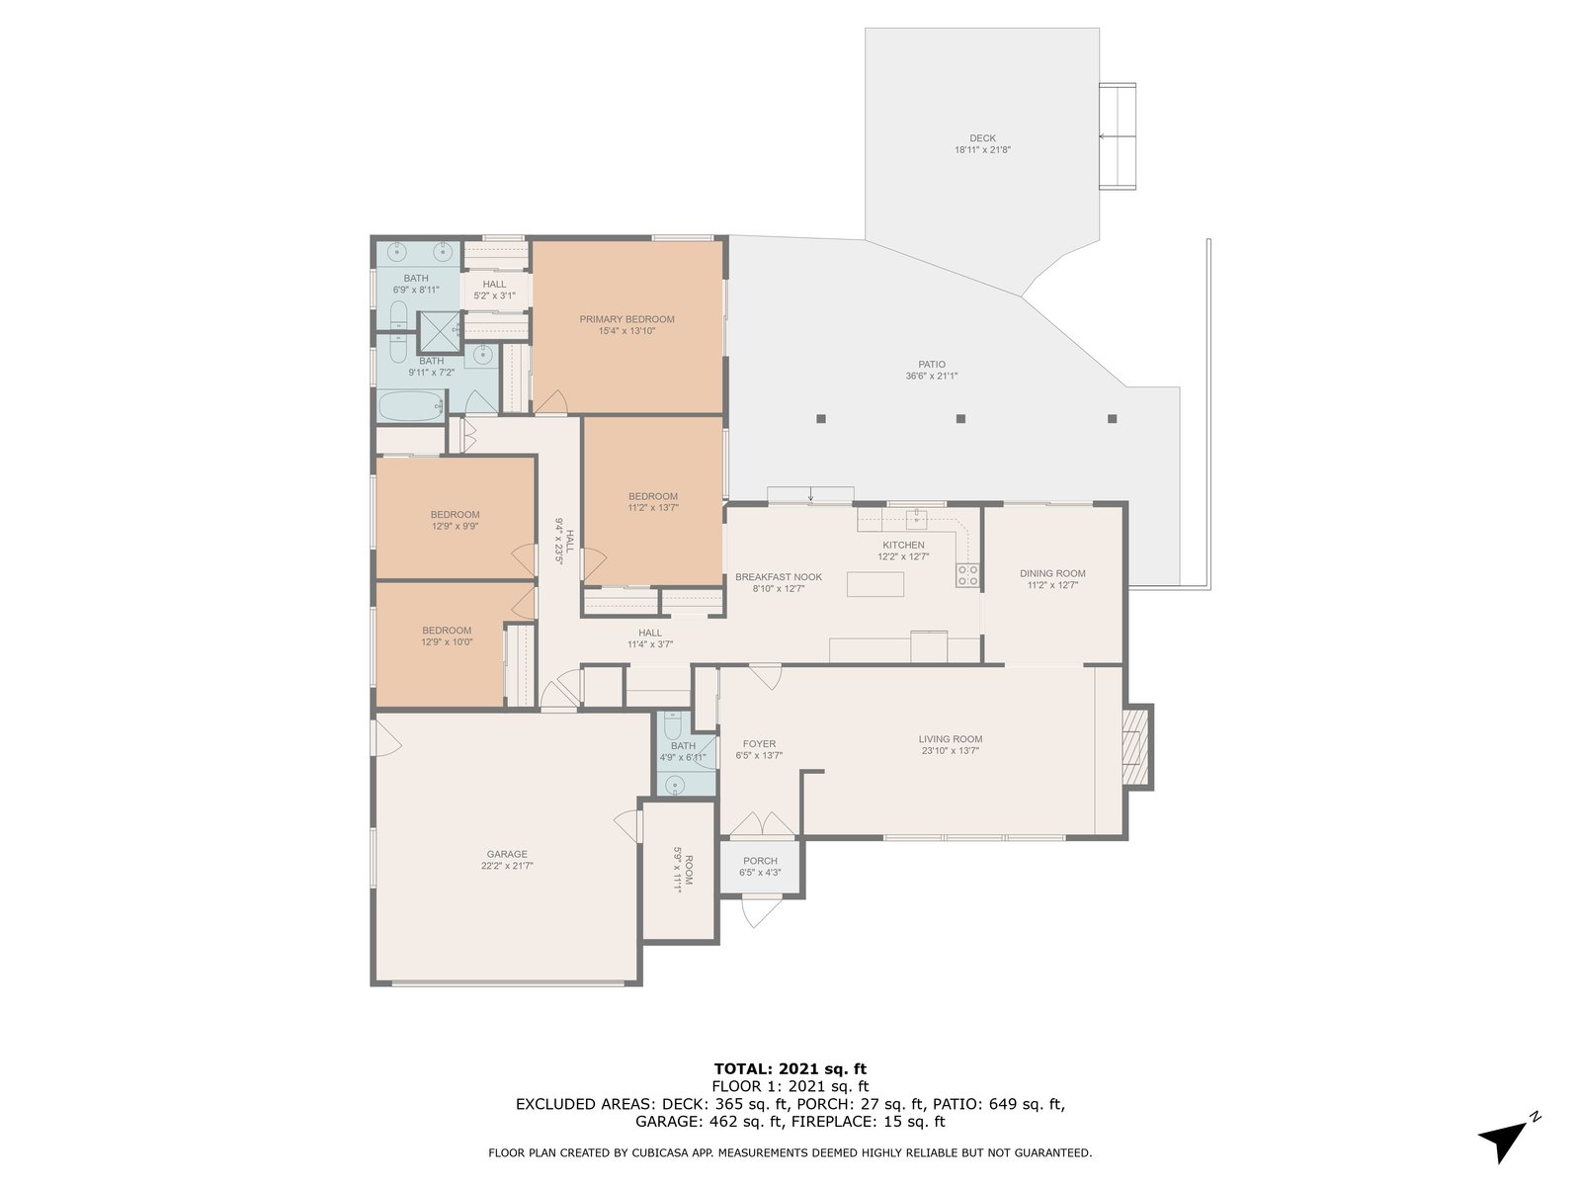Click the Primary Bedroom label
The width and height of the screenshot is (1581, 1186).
coord(626,319)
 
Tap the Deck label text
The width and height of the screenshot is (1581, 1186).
coord(982,138)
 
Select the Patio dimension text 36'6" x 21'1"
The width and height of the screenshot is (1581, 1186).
coord(932,376)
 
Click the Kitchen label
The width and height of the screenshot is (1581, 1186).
coord(903,546)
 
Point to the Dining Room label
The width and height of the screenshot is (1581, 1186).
coord(1052,574)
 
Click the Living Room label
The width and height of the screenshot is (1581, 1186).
coord(950,739)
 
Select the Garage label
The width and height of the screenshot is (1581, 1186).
coord(506,854)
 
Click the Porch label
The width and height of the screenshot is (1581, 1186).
coord(760,861)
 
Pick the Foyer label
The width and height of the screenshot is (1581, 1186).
coord(759,744)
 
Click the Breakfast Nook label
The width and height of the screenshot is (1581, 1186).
coord(778,577)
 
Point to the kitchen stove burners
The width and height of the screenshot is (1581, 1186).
coord(967,574)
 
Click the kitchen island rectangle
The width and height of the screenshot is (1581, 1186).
coord(875,584)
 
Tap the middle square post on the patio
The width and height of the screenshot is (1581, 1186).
coord(960,418)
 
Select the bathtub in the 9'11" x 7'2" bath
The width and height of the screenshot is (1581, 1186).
coord(411,407)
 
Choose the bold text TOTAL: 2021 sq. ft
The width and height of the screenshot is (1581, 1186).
coord(790,1068)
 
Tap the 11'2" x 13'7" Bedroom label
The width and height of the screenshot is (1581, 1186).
coord(652,496)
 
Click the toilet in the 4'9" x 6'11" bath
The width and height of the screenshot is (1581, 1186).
coord(672,723)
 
